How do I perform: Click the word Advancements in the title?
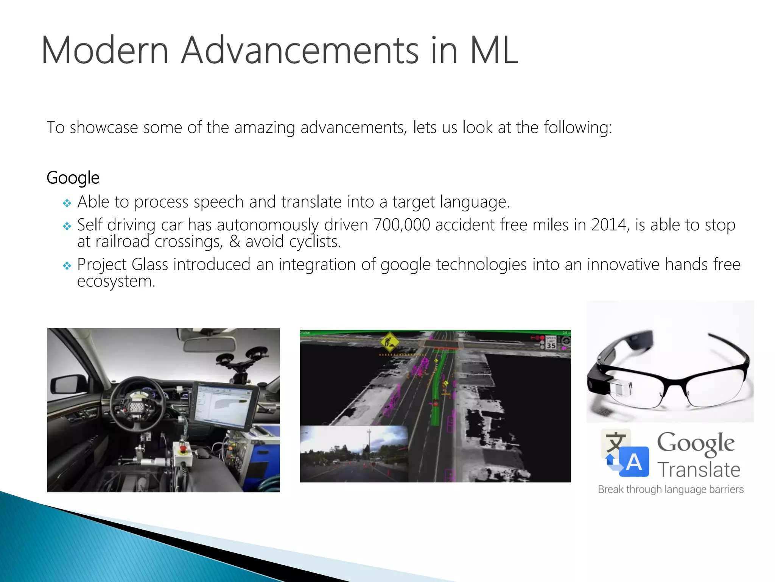pos(300,50)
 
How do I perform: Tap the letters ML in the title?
pos(494,50)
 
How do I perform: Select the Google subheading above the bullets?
pos(73,178)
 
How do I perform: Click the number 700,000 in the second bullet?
pos(402,225)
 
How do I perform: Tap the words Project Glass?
pos(123,264)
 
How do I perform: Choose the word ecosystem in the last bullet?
pos(116,282)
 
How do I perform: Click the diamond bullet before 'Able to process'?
pos(67,203)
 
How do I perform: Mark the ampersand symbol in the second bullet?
pos(235,242)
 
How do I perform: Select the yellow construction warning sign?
pos(389,342)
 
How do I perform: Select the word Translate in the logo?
pos(699,470)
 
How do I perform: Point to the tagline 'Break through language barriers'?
pos(671,490)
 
